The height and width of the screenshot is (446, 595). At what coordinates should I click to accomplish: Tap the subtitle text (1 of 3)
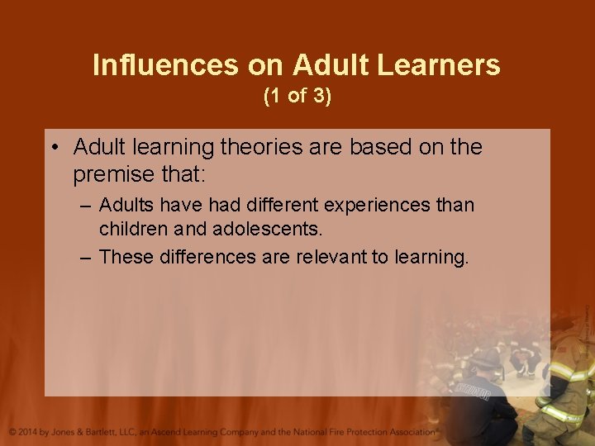tap(297, 96)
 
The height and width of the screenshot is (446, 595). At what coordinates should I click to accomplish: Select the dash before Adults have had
tap(85, 205)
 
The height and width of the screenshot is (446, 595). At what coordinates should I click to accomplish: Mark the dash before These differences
tap(85, 258)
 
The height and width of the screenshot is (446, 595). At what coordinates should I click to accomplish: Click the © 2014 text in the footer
tap(24, 432)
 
